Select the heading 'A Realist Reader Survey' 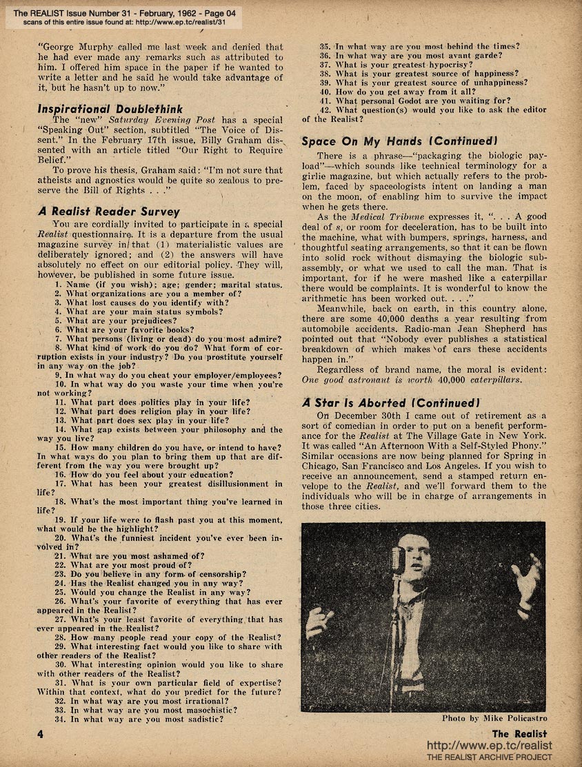(x=108, y=212)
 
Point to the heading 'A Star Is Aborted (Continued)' (x=389, y=402)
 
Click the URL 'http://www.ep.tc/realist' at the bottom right (x=490, y=746)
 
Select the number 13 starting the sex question (x=59, y=421)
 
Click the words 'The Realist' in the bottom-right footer (x=520, y=733)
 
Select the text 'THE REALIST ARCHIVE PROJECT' (x=490, y=758)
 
